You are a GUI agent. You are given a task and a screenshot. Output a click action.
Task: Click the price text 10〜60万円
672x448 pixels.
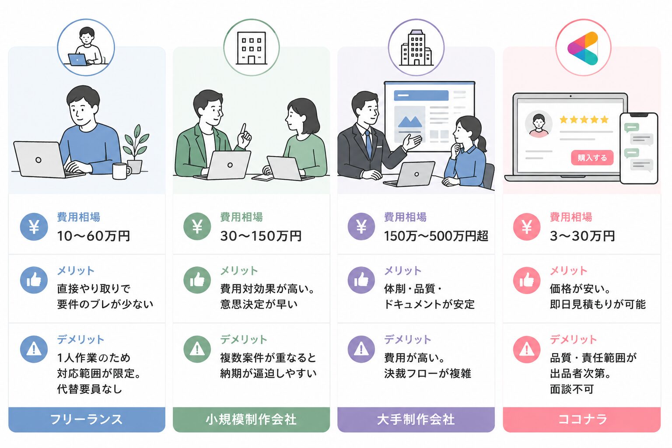point(93,236)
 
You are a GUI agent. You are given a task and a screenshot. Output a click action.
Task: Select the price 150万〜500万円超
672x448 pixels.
point(436,236)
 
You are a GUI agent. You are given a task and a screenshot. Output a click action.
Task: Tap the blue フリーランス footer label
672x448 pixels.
point(87,419)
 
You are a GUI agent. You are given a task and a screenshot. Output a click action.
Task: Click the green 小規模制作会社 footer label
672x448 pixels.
point(252,419)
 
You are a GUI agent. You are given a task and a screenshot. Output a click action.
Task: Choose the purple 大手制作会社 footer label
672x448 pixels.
point(416,419)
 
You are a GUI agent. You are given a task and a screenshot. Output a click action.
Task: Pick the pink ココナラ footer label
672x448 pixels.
point(582,419)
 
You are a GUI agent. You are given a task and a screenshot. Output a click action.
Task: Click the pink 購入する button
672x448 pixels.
point(592,158)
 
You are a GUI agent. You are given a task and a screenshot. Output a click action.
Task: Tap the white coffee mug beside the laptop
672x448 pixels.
point(121,171)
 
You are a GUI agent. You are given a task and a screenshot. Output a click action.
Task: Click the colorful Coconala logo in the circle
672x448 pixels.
point(583,48)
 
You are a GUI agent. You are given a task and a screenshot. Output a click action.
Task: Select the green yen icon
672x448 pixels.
point(197,227)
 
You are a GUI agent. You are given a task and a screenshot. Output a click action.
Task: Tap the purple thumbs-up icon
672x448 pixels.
point(361,280)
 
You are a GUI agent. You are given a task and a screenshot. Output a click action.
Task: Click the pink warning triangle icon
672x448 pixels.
point(527,349)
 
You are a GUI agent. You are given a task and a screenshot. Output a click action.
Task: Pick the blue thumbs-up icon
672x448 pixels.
point(34,280)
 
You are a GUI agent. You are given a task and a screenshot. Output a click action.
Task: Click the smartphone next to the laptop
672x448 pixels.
point(639,148)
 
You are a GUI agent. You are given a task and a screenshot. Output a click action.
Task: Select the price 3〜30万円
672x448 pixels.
point(582,236)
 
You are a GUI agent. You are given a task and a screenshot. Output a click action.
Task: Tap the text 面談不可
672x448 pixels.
point(572,389)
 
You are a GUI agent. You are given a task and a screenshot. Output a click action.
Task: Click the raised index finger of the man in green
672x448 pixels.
point(243,129)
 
